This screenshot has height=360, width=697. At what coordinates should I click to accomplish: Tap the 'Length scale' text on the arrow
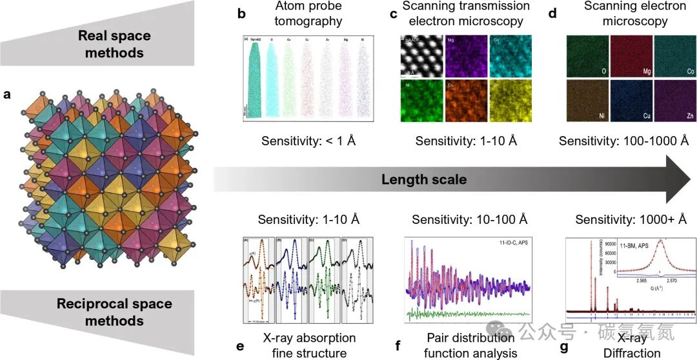[423, 179]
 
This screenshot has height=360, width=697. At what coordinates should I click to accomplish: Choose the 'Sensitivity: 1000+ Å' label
[631, 219]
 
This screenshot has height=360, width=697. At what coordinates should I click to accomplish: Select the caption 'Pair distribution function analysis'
[470, 345]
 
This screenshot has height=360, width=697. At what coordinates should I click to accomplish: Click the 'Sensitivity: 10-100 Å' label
[470, 219]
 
